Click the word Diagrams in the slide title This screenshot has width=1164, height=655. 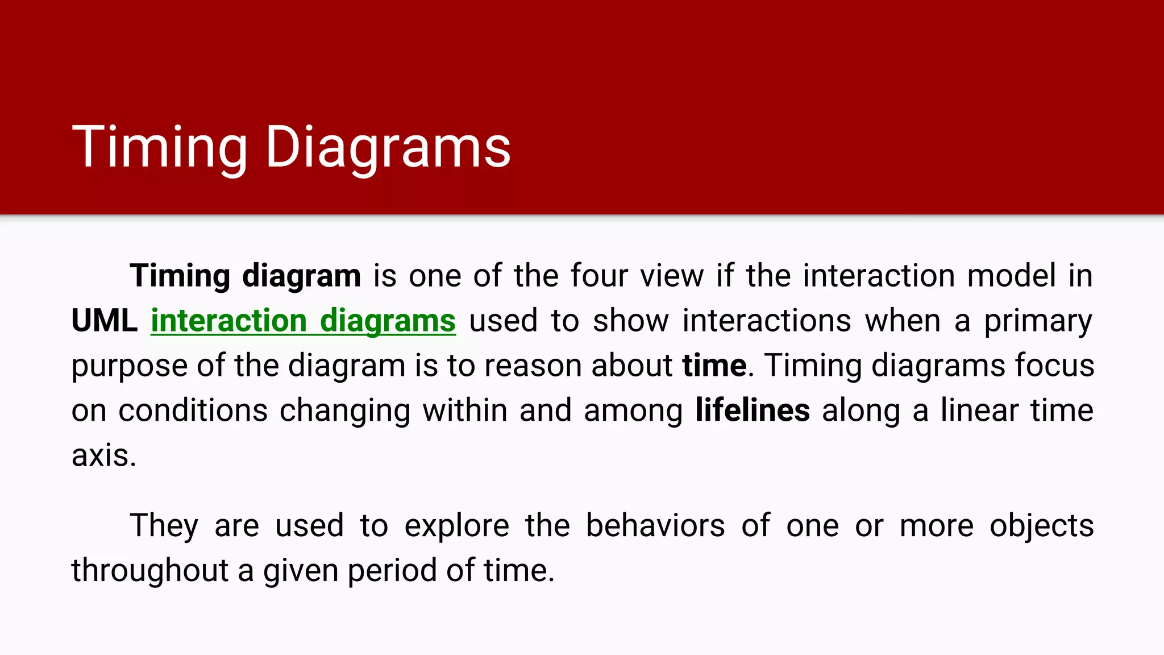388,148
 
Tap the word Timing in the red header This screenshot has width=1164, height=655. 160,148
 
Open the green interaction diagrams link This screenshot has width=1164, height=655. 303,321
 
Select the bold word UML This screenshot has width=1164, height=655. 105,321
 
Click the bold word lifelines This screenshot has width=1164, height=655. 753,411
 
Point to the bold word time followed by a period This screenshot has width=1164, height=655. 714,366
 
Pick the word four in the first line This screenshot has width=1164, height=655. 599,276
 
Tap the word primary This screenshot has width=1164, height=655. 1038,322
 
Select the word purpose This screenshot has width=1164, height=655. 129,367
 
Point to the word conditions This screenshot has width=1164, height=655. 193,411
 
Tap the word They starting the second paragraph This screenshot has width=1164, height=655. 164,526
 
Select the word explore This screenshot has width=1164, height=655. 456,526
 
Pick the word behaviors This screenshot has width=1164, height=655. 655,526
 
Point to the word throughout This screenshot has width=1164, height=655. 149,570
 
